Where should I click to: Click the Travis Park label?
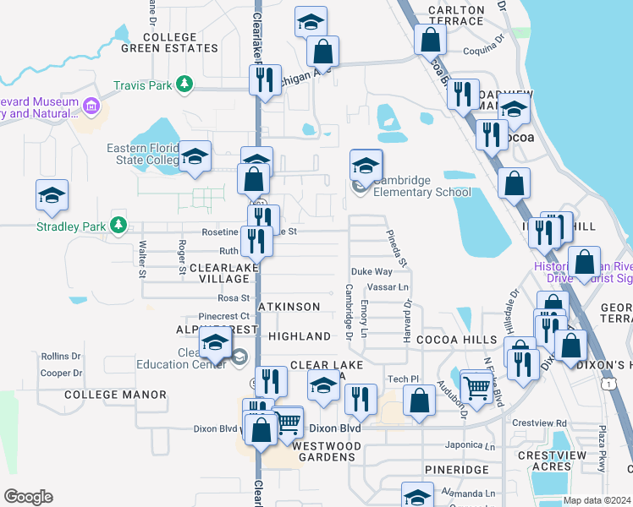click(142, 85)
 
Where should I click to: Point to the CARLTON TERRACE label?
click(456, 16)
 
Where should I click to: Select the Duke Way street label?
click(372, 272)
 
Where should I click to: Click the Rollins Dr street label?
click(61, 357)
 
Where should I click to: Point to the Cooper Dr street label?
click(61, 373)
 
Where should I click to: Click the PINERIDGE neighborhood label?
click(457, 469)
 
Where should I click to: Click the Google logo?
click(28, 497)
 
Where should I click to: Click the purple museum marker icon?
click(91, 106)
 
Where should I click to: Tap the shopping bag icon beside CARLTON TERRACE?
click(431, 38)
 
